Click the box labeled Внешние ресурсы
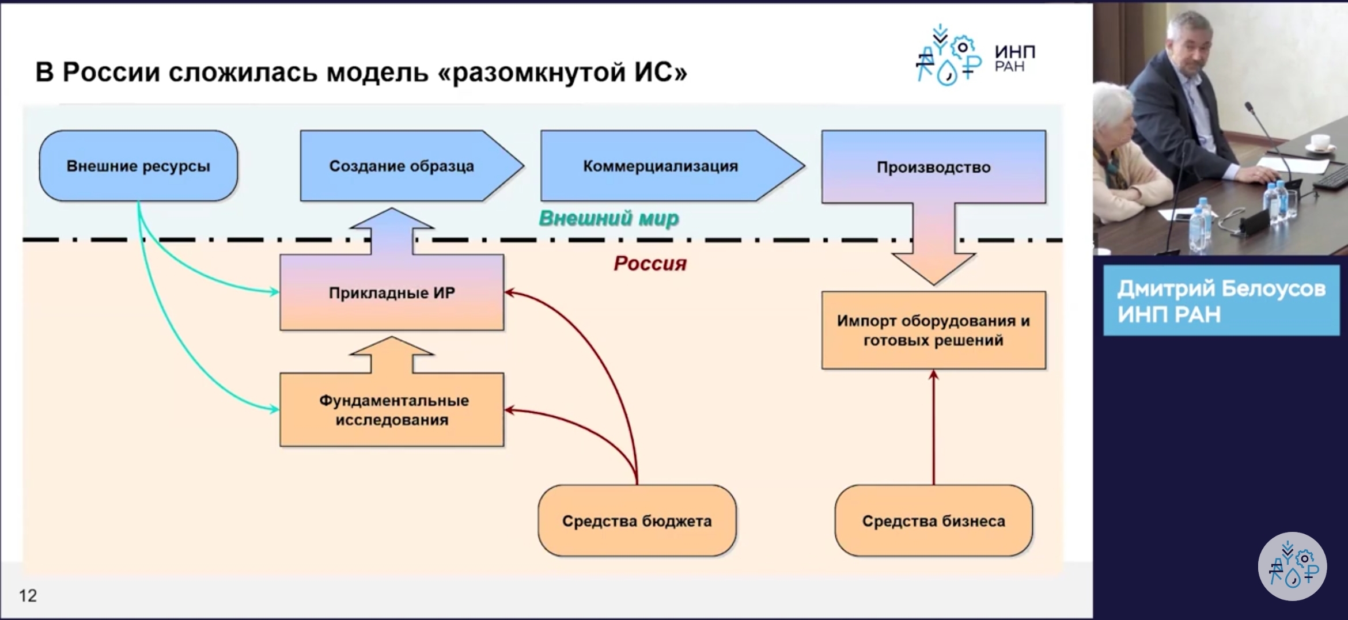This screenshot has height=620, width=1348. pos(138,166)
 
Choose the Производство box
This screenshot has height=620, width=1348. pos(933,167)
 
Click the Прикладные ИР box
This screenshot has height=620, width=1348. pos(392,292)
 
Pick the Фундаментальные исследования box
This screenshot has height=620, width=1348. pos(392,410)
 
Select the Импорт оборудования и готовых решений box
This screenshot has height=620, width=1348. pos(933,330)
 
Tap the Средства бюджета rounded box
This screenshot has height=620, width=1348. pos(637,520)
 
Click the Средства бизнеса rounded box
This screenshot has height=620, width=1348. pos(933,520)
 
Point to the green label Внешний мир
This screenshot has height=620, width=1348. pos(609,219)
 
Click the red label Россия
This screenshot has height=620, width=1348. pos(650,264)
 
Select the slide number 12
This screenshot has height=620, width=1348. pos(28,595)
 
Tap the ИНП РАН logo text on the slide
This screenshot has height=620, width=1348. pos(1015,59)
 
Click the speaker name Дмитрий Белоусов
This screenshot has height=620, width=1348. pos(1221,288)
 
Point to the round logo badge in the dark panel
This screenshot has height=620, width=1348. pos(1292,566)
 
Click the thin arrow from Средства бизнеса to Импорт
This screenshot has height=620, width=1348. pos(934,427)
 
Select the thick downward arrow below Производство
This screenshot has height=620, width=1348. pos(934,244)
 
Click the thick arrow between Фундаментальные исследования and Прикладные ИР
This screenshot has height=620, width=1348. pos(392,355)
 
